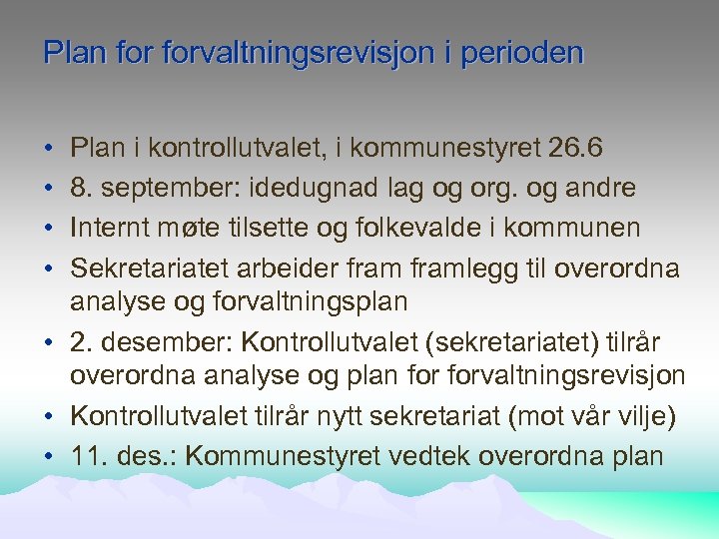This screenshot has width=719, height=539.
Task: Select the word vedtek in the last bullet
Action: point(422,457)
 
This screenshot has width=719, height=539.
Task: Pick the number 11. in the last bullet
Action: point(87,457)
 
